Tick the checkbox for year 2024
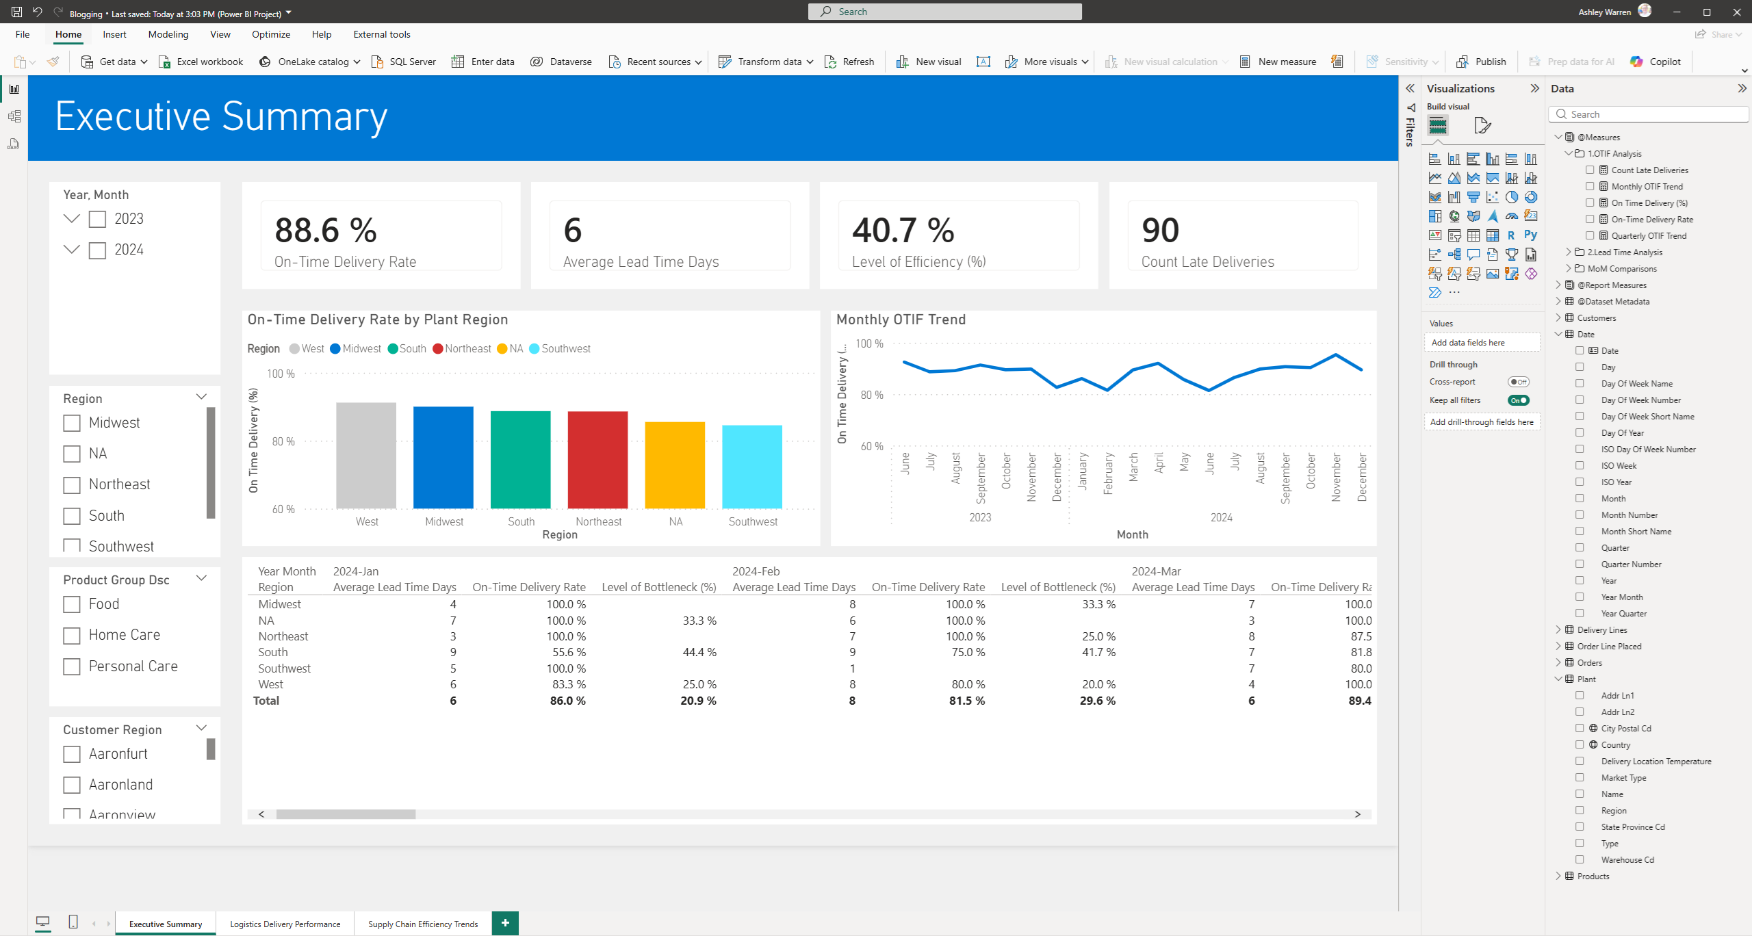[98, 250]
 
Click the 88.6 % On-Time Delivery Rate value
[326, 231]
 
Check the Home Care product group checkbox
[72, 636]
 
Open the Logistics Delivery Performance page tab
[285, 924]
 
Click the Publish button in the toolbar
[1482, 62]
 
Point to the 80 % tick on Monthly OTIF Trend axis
[871, 395]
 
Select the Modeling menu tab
[168, 34]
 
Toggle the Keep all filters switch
[1518, 400]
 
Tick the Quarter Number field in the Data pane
[1580, 564]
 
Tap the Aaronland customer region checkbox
[72, 785]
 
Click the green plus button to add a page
[505, 923]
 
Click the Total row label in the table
[266, 701]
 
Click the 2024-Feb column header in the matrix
[756, 571]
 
